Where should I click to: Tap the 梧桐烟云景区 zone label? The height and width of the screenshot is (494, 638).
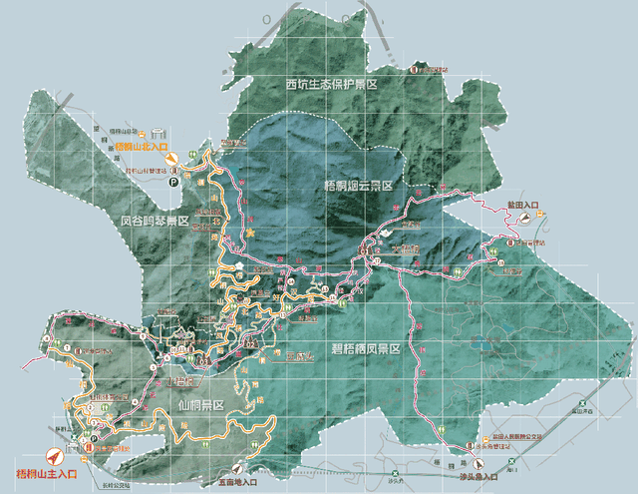click(x=359, y=187)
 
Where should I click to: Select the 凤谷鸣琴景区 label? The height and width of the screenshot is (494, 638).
click(x=155, y=221)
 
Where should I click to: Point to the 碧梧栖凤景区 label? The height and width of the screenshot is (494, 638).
click(x=365, y=349)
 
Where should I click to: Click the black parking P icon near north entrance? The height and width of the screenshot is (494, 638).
click(x=172, y=183)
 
